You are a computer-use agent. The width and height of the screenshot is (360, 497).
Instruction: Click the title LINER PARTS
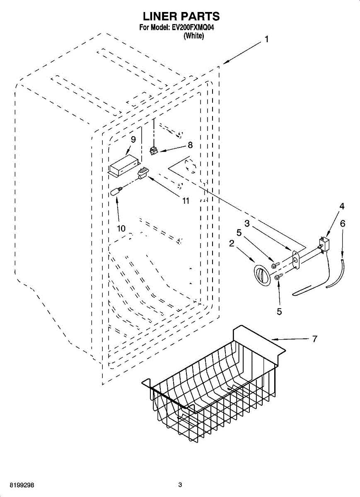point(181,17)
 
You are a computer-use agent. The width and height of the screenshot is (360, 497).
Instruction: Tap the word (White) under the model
point(193,36)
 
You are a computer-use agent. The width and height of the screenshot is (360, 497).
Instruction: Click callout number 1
point(267,39)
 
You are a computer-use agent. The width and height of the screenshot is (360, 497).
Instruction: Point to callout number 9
point(133,140)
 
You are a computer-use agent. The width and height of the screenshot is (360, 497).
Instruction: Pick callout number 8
point(190,145)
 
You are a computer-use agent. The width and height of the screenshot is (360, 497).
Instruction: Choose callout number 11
point(186,201)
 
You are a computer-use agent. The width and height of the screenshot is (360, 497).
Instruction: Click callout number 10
point(121,228)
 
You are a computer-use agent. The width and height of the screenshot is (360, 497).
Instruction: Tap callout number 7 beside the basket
point(314,339)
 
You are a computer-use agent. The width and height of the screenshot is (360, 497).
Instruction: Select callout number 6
point(342,223)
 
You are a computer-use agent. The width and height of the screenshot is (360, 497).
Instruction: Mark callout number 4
point(342,206)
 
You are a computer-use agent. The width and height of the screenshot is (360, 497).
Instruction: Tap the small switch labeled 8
point(154,152)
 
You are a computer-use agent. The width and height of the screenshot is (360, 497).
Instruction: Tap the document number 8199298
point(17,485)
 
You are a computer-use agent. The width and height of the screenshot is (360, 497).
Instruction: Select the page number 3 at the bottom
point(180,485)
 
